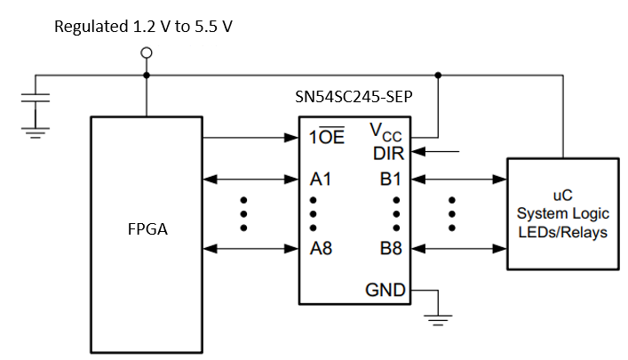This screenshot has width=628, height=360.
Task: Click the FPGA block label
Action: point(147,229)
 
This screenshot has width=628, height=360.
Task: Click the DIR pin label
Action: point(389,152)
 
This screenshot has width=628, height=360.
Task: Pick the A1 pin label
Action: point(320,180)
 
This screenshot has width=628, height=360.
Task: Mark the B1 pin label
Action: point(391,180)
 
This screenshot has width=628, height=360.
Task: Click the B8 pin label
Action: point(391,248)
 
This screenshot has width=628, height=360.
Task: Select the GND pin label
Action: point(386,290)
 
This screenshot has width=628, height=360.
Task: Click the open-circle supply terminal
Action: point(147,53)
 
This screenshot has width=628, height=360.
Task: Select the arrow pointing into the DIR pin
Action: point(440,152)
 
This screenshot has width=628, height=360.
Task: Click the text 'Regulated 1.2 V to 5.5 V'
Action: point(144,26)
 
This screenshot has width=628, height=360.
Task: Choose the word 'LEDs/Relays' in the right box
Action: point(562,232)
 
